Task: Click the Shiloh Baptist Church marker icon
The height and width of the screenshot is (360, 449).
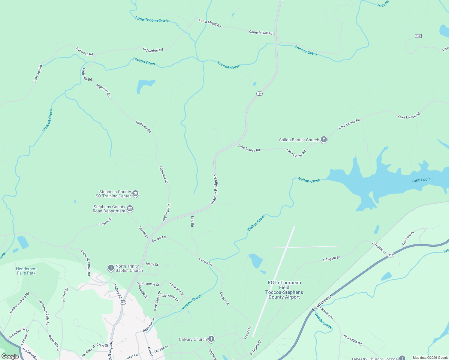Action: pos(324,139)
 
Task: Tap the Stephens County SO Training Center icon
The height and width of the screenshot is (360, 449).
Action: pos(135,193)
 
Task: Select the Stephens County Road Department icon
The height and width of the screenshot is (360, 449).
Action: pos(130,208)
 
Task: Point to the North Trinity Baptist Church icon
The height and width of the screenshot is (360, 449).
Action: pos(111,268)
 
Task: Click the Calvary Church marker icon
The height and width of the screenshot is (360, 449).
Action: pos(211,339)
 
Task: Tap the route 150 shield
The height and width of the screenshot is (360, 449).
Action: pos(418,36)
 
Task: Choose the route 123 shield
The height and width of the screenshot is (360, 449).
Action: pos(390,255)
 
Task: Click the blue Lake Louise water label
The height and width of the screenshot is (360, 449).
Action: pos(422,180)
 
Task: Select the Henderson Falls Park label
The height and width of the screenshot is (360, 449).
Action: pos(26,271)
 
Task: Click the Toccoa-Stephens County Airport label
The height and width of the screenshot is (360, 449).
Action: pos(284,290)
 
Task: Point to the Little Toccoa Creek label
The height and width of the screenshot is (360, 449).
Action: pos(152,20)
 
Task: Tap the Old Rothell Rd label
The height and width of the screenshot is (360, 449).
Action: pos(153,50)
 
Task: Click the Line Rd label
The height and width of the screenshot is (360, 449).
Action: pos(192,221)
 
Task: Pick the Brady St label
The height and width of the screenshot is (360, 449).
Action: pos(152,264)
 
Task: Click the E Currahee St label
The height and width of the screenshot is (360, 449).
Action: pos(322,303)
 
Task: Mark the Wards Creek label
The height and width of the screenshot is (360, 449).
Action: pos(323,321)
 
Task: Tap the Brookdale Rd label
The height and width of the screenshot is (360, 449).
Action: pos(353,340)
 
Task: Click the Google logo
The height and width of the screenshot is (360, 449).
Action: pos(10,356)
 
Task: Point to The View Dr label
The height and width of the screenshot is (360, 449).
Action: pos(408,238)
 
